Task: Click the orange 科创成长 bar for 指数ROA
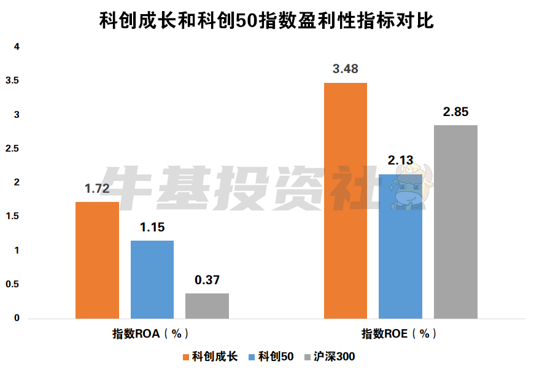point(97,260)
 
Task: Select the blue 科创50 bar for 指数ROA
point(152,279)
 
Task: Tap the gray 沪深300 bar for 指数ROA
point(207,306)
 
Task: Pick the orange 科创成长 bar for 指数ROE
point(346,201)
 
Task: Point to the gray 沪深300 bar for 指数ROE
point(455,222)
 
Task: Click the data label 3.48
point(346,69)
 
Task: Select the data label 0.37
point(207,280)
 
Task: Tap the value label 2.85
point(455,112)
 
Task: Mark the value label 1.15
point(152,227)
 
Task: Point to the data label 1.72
point(97,188)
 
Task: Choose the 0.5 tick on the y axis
point(12,285)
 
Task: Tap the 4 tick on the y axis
point(17,47)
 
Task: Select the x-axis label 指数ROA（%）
point(150,334)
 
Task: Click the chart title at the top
point(266,20)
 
